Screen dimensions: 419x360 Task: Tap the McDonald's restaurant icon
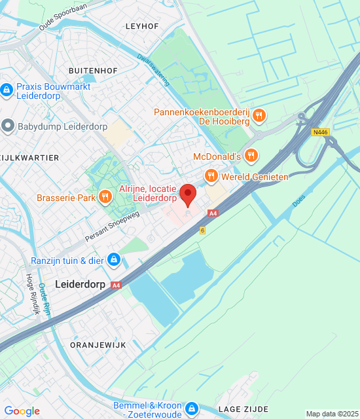pos(251,156)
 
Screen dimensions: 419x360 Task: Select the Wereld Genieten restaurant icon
pos(211,175)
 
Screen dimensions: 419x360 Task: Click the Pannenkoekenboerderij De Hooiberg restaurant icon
pos(259,117)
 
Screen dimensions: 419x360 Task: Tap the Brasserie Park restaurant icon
pos(105,197)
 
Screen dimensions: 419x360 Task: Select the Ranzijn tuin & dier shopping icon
pos(114,260)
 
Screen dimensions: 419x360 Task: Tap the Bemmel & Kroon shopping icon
pos(191,409)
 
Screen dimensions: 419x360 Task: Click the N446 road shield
pos(320,132)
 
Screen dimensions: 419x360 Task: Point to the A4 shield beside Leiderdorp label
pos(116,285)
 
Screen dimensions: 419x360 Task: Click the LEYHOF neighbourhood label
pos(142,26)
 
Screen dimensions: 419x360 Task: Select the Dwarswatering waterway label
pos(153,69)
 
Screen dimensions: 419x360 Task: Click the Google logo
pos(22,410)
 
